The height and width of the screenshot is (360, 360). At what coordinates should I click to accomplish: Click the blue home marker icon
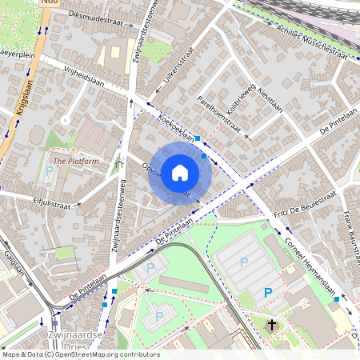180,172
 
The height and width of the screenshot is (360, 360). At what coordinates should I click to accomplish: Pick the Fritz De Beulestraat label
305,206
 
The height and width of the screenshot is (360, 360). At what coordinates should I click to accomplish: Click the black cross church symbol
272,325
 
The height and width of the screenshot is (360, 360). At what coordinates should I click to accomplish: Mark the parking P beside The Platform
50,172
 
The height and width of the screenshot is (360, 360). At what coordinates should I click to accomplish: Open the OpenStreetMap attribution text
80,354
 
